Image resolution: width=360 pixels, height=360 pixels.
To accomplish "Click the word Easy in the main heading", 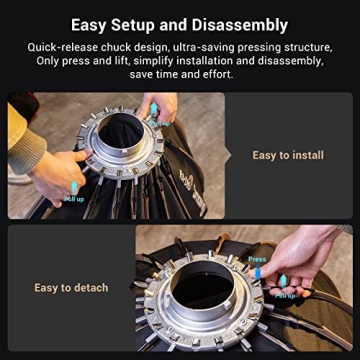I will coord(93,25).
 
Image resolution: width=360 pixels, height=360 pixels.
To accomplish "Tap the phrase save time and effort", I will coord(180,75).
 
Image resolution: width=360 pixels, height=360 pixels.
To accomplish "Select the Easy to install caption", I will coord(288,155).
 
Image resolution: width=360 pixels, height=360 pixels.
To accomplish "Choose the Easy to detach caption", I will coord(71,288).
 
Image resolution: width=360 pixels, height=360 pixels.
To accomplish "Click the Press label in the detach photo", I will coord(257,258).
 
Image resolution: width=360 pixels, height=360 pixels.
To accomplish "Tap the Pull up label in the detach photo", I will coord(284,295).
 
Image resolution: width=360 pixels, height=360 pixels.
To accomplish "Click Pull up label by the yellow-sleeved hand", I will coord(76,198).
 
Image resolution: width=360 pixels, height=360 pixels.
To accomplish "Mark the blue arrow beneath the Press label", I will coord(257,271).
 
